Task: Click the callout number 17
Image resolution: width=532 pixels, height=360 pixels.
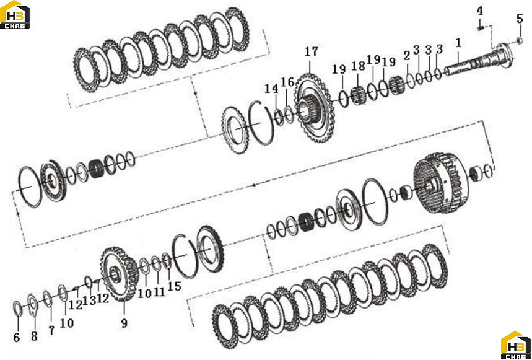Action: click(312, 52)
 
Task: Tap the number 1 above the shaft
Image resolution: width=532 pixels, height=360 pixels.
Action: click(458, 43)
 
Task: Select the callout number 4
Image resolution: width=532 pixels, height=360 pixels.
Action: click(479, 11)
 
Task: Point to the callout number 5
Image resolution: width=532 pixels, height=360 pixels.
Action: click(520, 19)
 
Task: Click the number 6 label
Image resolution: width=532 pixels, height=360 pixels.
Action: click(17, 338)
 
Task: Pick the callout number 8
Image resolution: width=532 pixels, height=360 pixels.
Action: click(34, 336)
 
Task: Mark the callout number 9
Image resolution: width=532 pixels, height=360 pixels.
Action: click(124, 323)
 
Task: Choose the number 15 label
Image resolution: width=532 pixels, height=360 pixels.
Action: click(174, 286)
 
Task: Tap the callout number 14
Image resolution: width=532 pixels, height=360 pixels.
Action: click(271, 89)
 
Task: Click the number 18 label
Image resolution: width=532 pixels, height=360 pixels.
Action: click(358, 66)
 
